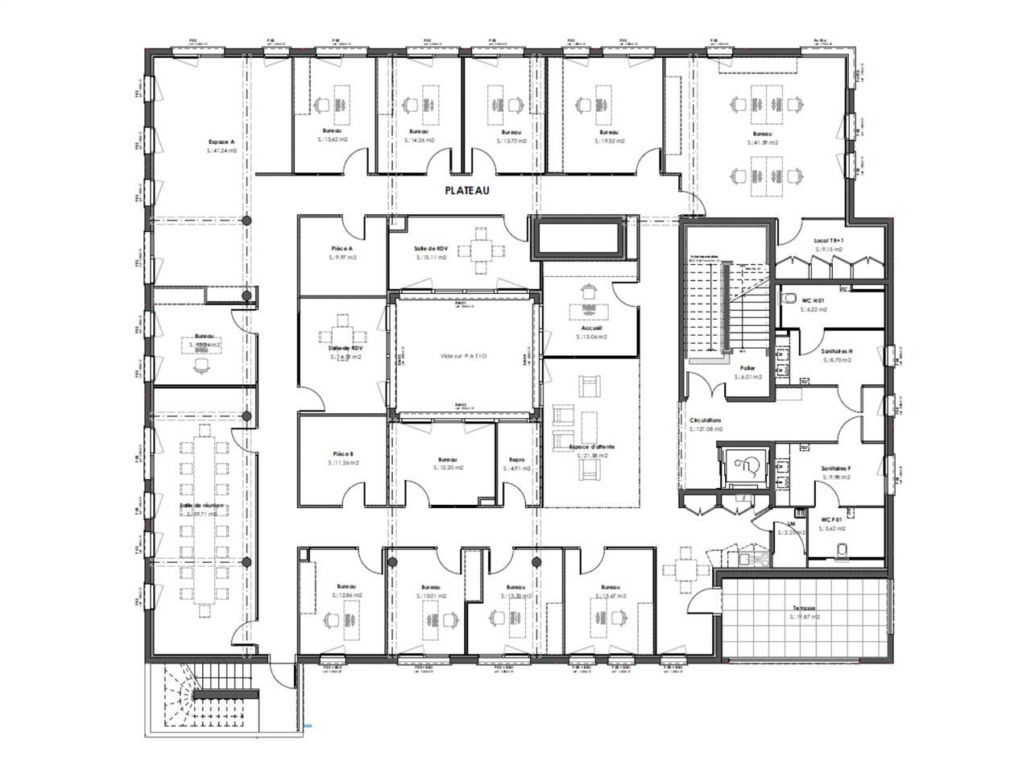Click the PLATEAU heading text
click(x=467, y=191)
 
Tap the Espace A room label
click(x=220, y=142)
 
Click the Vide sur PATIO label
click(x=464, y=355)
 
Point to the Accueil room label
click(x=592, y=329)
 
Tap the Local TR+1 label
click(x=828, y=241)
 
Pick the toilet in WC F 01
click(x=843, y=548)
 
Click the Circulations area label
click(x=706, y=420)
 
